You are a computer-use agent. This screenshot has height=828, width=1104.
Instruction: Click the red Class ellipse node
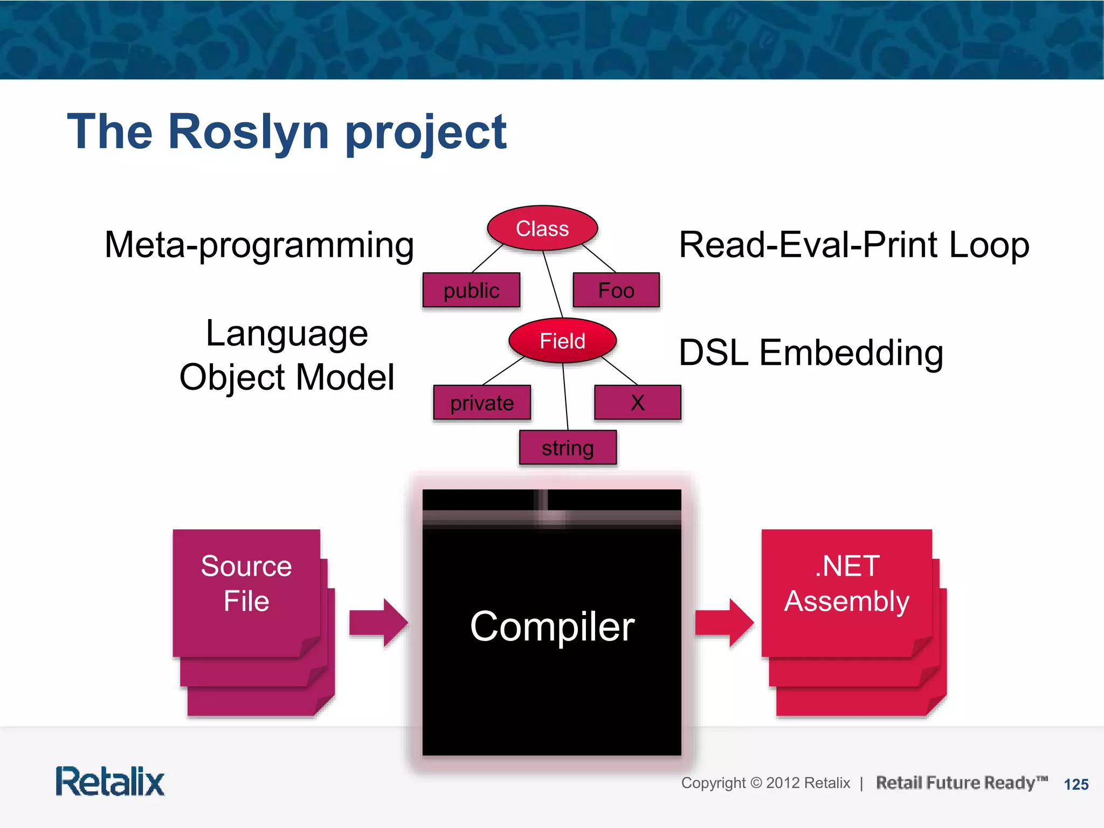point(542,228)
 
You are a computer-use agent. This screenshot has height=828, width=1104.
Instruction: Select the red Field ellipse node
point(562,341)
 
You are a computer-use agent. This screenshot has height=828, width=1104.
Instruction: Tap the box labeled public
point(471,290)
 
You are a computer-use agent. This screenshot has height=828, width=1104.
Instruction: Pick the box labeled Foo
point(616,290)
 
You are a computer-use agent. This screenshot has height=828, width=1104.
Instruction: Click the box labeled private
point(482,403)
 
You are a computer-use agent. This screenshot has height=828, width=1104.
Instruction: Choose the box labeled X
point(638,403)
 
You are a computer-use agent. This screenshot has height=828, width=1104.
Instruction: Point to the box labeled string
point(568,447)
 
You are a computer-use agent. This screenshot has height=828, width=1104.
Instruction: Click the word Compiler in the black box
point(552,626)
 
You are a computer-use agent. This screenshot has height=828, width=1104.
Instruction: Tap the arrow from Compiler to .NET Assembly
point(724,623)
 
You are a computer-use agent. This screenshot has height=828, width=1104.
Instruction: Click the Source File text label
point(246,583)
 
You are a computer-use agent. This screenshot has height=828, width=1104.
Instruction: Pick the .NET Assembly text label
point(846,583)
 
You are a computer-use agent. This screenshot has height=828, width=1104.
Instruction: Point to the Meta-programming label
point(259,245)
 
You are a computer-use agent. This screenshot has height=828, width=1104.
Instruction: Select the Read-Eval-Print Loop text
point(854,245)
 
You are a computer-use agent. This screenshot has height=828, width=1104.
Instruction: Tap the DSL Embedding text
point(811,353)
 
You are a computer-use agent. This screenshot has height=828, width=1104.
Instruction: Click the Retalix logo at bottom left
point(110,782)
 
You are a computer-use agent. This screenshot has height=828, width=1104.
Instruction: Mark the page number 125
point(1076,784)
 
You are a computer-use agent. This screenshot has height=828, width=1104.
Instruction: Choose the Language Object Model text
point(287,355)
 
